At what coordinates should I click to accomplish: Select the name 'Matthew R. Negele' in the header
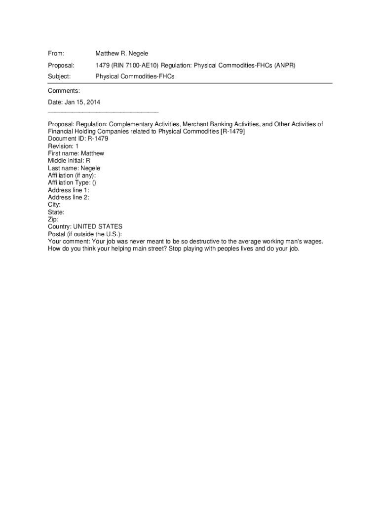point(121,53)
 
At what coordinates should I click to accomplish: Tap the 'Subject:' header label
point(59,76)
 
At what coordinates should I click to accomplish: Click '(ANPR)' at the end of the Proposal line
point(285,65)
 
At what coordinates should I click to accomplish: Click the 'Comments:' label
point(64,91)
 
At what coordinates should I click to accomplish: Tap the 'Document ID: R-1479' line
point(78,139)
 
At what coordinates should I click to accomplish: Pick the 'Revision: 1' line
point(63,146)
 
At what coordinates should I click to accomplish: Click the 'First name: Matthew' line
point(76,153)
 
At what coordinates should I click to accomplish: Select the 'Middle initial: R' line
point(69,161)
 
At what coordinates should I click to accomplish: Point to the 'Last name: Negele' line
point(74,168)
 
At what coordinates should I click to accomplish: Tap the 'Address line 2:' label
point(69,197)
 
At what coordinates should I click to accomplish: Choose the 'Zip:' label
point(53,219)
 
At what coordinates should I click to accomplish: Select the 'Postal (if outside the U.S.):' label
point(85,234)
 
